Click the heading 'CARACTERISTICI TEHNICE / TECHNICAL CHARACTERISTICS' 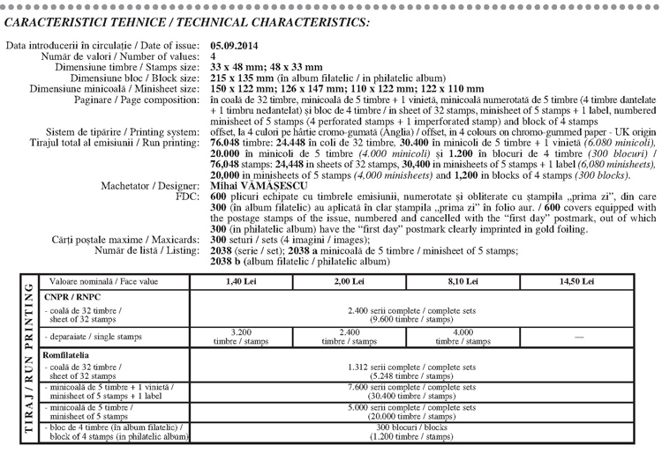(x=188, y=21)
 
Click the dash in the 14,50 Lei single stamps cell (x=576, y=336)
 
